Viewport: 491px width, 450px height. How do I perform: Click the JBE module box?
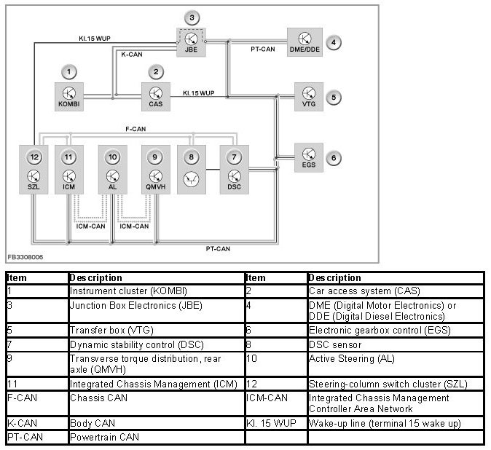pos(192,42)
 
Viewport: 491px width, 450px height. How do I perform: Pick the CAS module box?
pos(156,96)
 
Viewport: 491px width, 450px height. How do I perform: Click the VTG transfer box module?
pos(309,96)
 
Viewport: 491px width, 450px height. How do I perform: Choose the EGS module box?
pos(309,157)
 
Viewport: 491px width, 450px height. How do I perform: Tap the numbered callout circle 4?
pos(333,42)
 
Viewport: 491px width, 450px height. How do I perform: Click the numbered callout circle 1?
pos(68,71)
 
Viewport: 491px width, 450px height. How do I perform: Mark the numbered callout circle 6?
pos(333,157)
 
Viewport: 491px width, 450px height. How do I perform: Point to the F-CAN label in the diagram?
pos(136,128)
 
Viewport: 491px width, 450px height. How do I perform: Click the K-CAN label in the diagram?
pos(131,55)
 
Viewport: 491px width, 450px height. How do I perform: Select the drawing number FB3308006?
pos(25,257)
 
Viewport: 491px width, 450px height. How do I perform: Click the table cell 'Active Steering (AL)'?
pos(339,358)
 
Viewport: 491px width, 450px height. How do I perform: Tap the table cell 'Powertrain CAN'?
pos(98,437)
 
